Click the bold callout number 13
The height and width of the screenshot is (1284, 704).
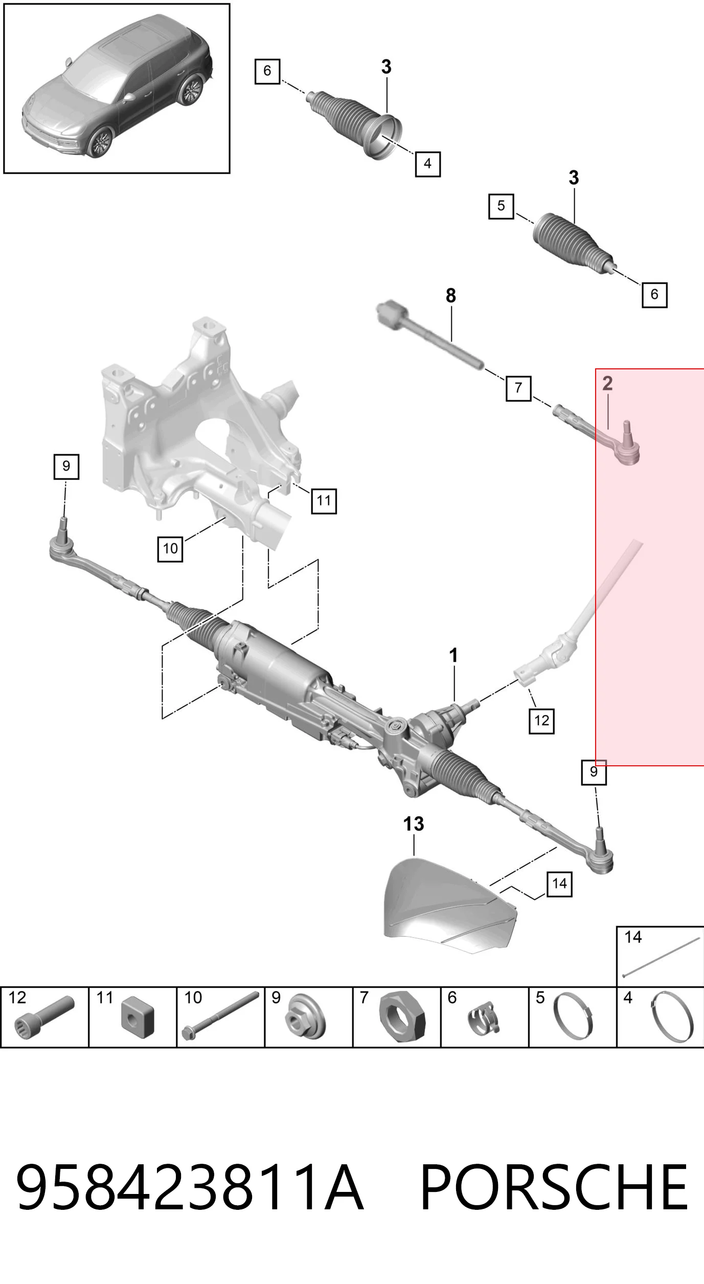(413, 824)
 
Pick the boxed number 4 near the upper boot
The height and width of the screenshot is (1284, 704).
(427, 164)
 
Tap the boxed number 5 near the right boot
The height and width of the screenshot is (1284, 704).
(501, 206)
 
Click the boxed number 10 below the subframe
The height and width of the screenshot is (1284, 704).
(170, 549)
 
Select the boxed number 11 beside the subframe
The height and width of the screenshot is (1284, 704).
(324, 500)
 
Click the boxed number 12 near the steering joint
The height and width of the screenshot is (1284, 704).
(541, 721)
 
